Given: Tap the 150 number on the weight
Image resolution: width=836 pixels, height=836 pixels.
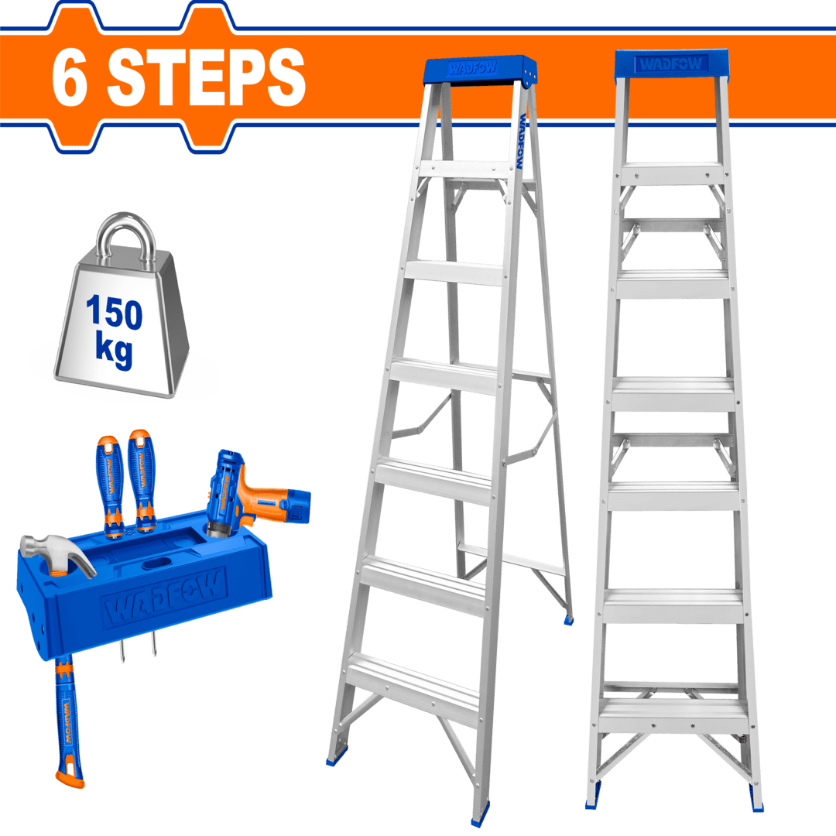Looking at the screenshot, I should [x=114, y=313].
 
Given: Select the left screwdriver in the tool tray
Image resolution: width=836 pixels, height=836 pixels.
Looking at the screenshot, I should [x=110, y=480].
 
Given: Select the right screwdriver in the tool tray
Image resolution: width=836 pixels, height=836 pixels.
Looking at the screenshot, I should [x=141, y=476].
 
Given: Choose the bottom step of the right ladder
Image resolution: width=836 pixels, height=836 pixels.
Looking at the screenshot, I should [x=673, y=713].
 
